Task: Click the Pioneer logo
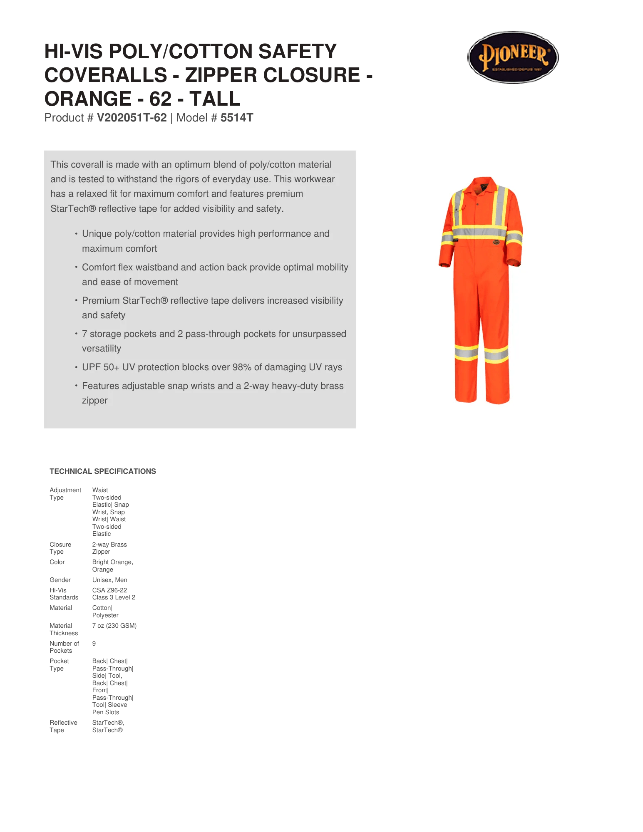(x=513, y=57)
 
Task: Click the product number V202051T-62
(x=132, y=118)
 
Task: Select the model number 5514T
(x=236, y=118)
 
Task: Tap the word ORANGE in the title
(x=88, y=99)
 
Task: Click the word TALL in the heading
(x=215, y=99)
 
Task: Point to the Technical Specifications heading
(x=103, y=471)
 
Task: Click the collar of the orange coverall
(x=483, y=185)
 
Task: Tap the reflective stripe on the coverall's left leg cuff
(x=466, y=352)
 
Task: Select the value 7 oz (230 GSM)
(x=114, y=626)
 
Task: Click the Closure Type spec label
(x=60, y=548)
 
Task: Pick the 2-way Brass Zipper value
(x=109, y=548)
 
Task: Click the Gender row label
(x=60, y=580)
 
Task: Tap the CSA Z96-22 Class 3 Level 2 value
(x=114, y=594)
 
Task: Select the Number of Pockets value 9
(x=94, y=644)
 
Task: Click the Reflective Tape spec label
(x=63, y=726)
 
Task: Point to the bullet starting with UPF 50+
(x=212, y=367)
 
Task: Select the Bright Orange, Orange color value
(x=112, y=566)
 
